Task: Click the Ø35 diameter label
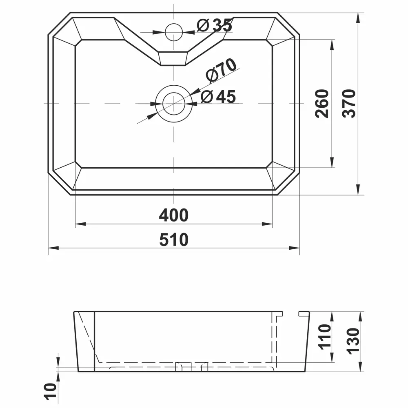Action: (x=215, y=26)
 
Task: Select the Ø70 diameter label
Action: (x=222, y=71)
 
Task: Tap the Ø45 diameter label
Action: (x=219, y=97)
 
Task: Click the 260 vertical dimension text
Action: (x=322, y=104)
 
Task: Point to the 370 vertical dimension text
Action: (x=350, y=104)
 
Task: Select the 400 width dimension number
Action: (x=174, y=215)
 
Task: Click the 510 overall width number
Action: (x=174, y=239)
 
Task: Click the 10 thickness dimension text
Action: (x=51, y=391)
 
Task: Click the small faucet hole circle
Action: (x=174, y=31)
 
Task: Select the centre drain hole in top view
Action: (x=174, y=104)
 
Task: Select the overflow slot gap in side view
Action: (x=291, y=313)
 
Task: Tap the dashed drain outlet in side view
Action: (x=192, y=366)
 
